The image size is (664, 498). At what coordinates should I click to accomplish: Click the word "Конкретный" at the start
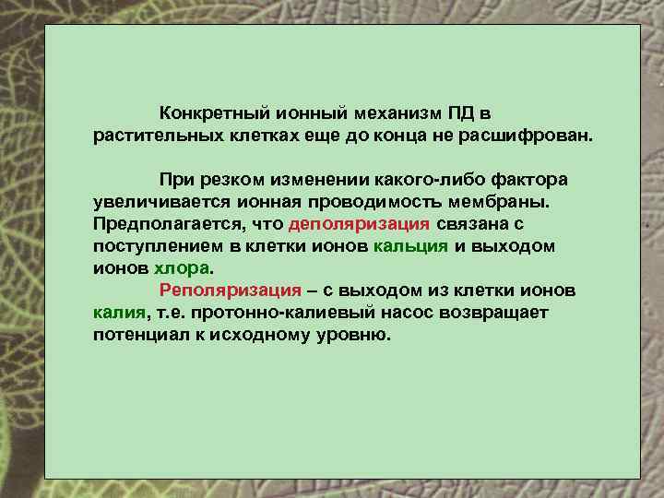[x=209, y=113]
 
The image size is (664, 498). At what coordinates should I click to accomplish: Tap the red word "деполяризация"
[x=359, y=224]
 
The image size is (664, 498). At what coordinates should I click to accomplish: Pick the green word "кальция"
[x=411, y=246]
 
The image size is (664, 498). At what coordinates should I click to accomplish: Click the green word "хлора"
[x=181, y=268]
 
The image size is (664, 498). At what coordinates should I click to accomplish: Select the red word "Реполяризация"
[x=231, y=290]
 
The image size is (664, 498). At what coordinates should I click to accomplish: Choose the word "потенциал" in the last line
[x=137, y=336]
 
